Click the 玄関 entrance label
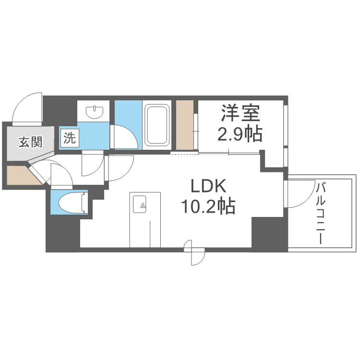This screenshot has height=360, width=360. click(x=30, y=142)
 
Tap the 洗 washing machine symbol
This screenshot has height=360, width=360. click(x=69, y=139)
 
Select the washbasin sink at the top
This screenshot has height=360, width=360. click(x=95, y=112)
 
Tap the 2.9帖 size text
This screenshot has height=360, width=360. click(x=240, y=134)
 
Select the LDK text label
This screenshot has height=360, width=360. click(x=207, y=186)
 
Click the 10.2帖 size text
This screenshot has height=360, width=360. click(x=207, y=206)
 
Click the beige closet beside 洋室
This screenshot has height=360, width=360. click(x=185, y=125)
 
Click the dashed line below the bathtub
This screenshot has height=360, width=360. click(x=184, y=154)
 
